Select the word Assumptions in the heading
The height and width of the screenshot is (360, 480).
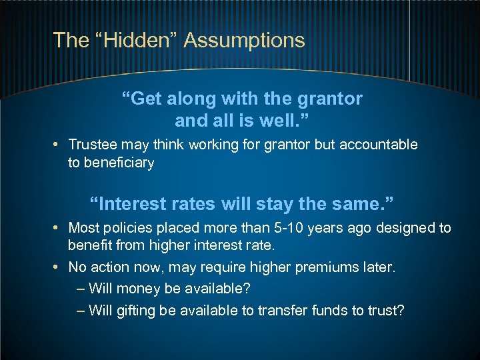click(x=244, y=40)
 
